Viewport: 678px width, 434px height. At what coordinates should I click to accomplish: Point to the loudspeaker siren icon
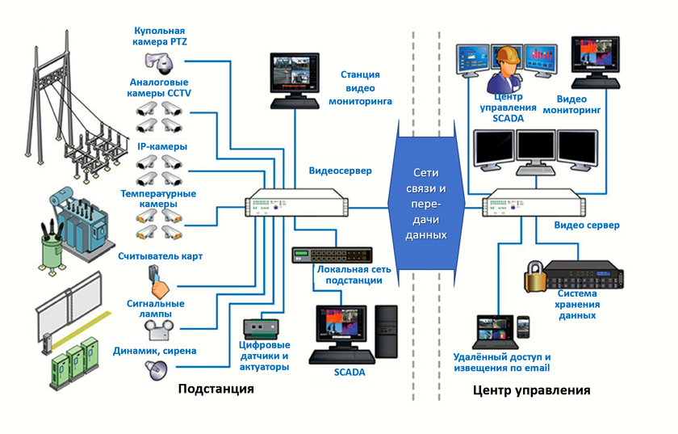tap(155, 369)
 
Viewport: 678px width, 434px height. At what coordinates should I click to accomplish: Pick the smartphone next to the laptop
tap(522, 327)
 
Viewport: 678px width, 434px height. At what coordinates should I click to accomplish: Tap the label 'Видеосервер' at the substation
tap(339, 171)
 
